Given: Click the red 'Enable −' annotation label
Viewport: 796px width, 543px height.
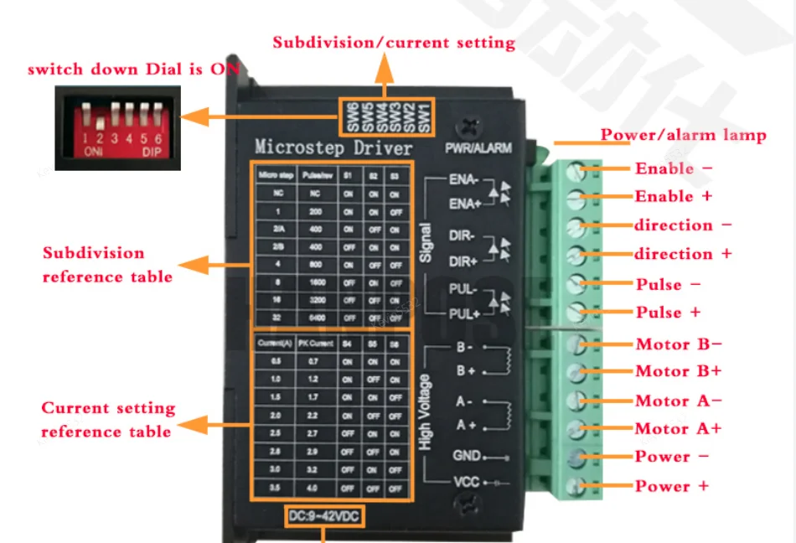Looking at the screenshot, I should [x=674, y=168].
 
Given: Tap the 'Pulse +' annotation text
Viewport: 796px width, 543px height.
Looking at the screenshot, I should [x=668, y=313].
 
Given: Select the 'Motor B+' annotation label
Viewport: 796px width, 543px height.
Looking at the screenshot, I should [x=678, y=371].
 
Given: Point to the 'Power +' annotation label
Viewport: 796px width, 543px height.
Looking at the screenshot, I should [x=672, y=486].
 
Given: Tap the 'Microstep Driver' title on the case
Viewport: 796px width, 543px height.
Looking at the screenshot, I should [x=333, y=148].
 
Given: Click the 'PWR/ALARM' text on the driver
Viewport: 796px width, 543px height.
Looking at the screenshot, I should [x=478, y=149].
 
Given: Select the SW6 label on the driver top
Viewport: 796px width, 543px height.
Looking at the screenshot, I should [x=353, y=116].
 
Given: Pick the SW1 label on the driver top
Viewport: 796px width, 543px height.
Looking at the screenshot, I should [x=424, y=116].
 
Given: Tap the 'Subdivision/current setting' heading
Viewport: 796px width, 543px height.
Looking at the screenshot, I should [x=393, y=43].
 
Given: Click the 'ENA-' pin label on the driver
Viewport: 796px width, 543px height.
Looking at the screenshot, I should [x=463, y=179].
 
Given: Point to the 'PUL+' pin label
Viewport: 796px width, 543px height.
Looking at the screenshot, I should [x=463, y=314].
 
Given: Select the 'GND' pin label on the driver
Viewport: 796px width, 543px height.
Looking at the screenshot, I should [x=466, y=456].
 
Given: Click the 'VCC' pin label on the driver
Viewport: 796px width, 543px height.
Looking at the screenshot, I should [x=466, y=484].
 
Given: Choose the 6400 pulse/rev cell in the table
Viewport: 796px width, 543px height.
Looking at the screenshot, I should [x=317, y=318].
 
